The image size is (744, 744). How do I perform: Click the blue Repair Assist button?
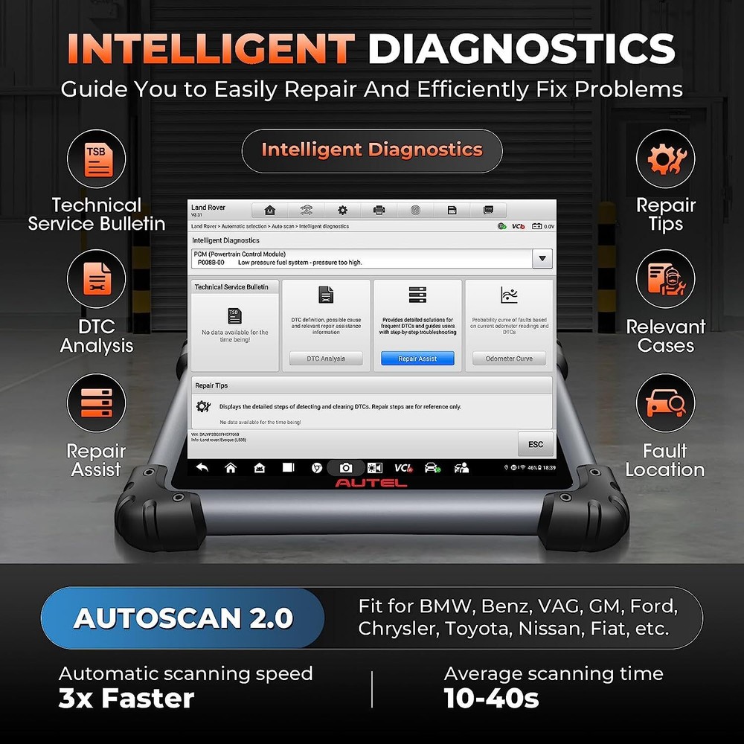[417, 359]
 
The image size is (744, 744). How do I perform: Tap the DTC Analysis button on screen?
[326, 359]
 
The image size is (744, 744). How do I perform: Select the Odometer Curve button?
[509, 359]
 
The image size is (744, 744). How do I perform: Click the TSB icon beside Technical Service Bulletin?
[96, 159]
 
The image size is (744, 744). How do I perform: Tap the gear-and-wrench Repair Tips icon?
[665, 159]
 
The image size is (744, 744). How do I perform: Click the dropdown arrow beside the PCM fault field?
[542, 258]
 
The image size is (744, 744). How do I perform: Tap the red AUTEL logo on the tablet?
[371, 483]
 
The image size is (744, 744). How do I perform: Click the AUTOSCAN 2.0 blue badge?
[183, 618]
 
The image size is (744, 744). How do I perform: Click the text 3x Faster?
[126, 699]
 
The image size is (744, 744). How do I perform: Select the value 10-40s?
[491, 699]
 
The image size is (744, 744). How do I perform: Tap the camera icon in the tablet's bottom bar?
[346, 468]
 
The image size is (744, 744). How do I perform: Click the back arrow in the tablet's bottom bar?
[202, 468]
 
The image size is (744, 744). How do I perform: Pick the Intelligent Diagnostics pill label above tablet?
[372, 150]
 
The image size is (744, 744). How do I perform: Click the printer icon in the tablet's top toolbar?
[379, 211]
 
